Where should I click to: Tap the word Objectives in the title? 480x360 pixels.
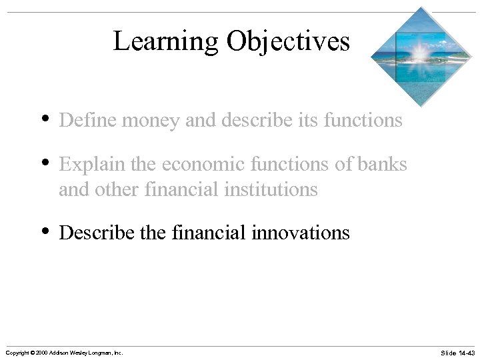tap(287, 41)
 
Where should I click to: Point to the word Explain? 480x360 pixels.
tap(86, 164)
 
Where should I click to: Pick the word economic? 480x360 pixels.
tap(199, 164)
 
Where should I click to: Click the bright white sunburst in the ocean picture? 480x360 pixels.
tap(420, 52)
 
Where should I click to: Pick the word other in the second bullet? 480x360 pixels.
tap(115, 189)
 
